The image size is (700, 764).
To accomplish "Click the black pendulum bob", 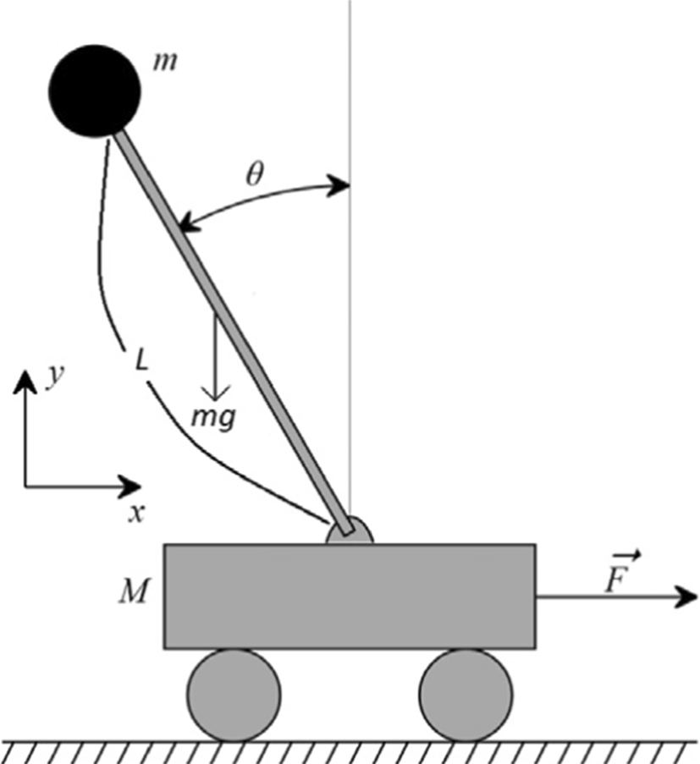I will (x=93, y=91).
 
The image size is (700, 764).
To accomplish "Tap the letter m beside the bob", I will (x=166, y=63).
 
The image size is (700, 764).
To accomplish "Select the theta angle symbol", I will (x=255, y=173).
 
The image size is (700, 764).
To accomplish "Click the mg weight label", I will (x=216, y=415).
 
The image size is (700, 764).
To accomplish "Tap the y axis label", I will (x=56, y=378).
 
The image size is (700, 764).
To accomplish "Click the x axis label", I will (x=134, y=512).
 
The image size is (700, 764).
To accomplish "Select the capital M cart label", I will (x=135, y=593).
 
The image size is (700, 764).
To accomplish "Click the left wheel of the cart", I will (x=234, y=695).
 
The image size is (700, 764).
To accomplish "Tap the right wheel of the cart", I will (x=465, y=695).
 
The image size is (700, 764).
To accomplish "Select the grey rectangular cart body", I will (x=349, y=596).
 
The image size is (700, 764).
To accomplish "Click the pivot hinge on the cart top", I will (x=348, y=531).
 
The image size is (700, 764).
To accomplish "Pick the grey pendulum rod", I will (x=237, y=338).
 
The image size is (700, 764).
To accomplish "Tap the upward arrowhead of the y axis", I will (x=26, y=383).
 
